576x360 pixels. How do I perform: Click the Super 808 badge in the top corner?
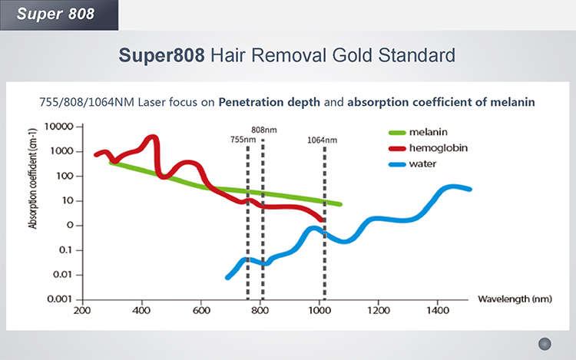(x=47, y=14)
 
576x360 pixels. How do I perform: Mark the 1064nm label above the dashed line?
(x=323, y=140)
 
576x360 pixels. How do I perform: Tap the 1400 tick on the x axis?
(x=435, y=312)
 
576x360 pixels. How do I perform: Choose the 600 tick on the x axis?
(x=201, y=312)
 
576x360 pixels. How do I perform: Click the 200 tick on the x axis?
(x=82, y=312)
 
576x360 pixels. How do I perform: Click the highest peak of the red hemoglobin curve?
(x=151, y=138)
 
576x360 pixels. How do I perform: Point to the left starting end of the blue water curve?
(x=228, y=276)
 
